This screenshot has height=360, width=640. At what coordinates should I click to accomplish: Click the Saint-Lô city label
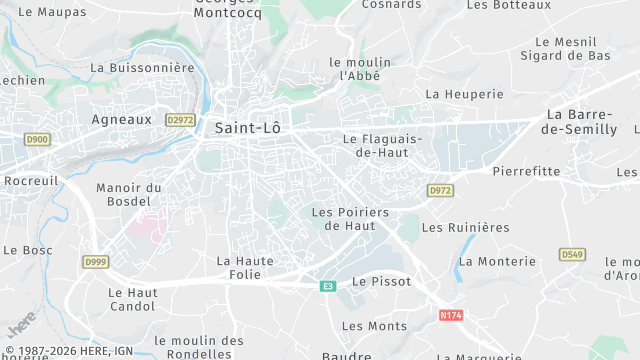[248, 128]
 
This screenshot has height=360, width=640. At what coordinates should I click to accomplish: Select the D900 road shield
[37, 139]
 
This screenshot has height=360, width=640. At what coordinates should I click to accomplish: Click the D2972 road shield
[181, 119]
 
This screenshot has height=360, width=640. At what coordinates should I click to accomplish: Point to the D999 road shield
[95, 261]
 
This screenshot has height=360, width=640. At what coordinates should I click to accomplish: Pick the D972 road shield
[440, 190]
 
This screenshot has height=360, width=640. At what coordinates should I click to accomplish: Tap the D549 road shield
[572, 255]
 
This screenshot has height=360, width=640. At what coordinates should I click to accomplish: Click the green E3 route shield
[327, 286]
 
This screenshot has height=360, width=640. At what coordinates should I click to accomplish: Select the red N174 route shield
[451, 314]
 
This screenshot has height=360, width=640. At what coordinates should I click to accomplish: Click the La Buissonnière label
[142, 68]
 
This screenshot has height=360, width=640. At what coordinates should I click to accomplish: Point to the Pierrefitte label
[526, 171]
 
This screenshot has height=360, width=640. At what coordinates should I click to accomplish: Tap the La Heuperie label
[464, 94]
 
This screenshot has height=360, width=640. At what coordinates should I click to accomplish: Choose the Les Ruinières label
[465, 227]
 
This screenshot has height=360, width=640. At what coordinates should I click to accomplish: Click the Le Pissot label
[376, 282]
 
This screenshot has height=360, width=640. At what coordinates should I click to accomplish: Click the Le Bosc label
[28, 249]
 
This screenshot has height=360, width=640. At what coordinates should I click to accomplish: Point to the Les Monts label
[374, 326]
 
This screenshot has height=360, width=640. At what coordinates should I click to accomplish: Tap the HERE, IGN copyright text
[69, 351]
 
